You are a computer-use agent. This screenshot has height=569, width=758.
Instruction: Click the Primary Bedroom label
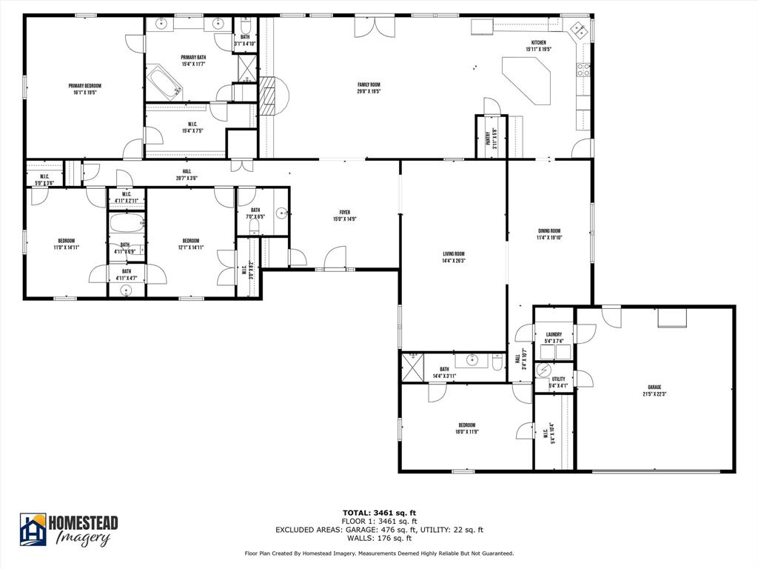pos(84,86)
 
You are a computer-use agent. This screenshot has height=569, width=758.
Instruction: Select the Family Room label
pos(369,84)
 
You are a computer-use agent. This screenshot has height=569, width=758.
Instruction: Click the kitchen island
pos(529,77)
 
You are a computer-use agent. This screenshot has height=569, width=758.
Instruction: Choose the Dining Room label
pos(549,230)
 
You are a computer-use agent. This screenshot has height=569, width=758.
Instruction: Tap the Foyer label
pos(345,212)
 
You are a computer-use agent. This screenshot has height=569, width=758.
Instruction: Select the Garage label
pos(654,387)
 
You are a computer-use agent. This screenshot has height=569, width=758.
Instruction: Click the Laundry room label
pos(554,334)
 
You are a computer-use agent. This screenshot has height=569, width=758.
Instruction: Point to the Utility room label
pos(558,379)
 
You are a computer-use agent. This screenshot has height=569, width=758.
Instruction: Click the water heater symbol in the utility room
pos(544,370)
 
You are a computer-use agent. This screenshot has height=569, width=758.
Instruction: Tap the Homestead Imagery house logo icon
pos(33,530)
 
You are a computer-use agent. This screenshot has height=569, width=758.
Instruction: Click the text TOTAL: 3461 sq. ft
pos(378,512)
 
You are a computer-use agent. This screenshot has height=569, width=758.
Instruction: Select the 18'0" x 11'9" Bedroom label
pos(466,425)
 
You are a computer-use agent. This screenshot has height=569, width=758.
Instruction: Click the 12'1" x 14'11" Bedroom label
pos(191,240)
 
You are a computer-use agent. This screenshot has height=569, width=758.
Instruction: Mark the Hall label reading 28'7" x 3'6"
pos(187,171)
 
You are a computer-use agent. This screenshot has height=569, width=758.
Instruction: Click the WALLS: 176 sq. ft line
pos(378,539)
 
